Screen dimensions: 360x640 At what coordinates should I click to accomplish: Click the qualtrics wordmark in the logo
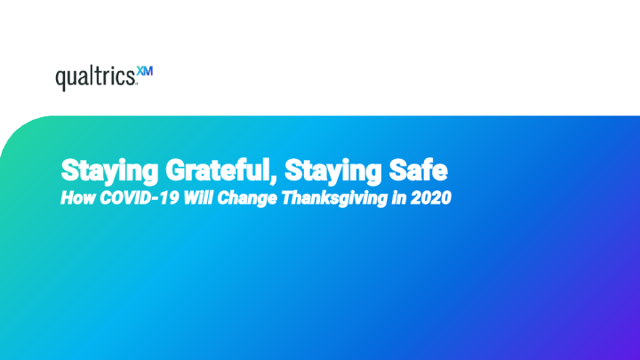[96, 80]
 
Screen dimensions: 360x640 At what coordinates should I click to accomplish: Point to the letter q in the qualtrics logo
[60, 82]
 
